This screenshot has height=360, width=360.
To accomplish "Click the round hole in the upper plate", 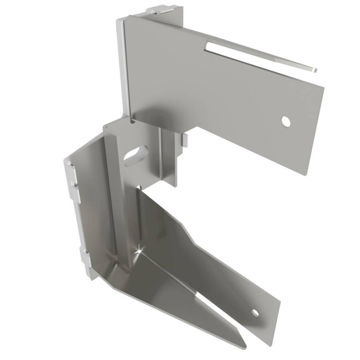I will (x=286, y=121).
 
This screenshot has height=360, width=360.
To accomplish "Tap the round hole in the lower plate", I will (x=255, y=312).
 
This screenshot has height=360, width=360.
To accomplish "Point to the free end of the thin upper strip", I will (x=314, y=70).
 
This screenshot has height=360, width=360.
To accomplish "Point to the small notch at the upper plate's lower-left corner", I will (x=132, y=119).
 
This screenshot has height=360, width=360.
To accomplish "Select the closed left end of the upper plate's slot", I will (x=207, y=47).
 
